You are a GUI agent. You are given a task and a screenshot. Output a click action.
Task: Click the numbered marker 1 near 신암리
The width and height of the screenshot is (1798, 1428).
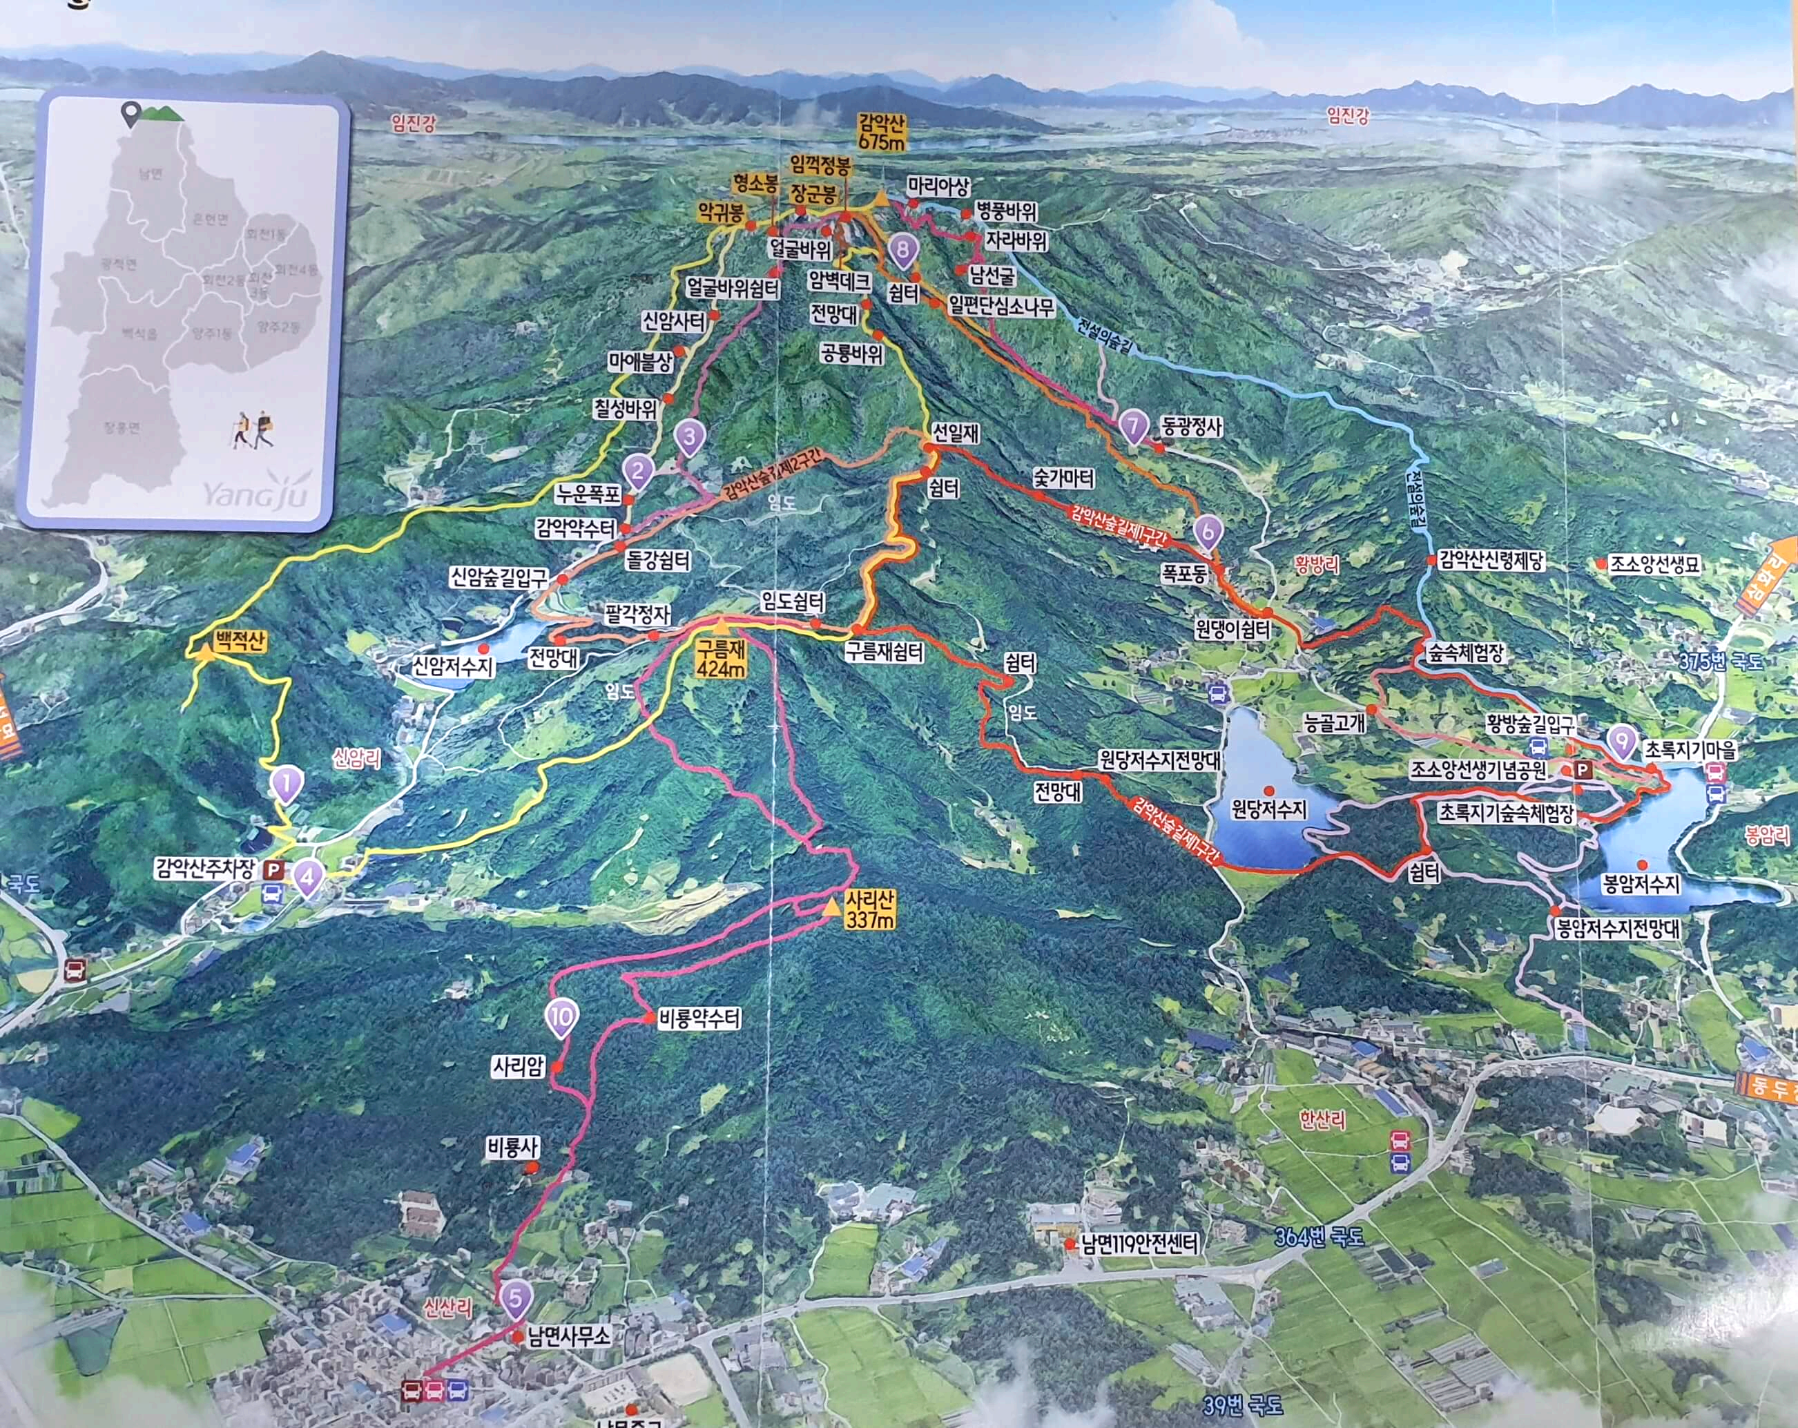click(x=286, y=784)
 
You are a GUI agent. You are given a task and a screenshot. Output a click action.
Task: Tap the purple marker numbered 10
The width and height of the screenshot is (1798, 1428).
click(x=561, y=1018)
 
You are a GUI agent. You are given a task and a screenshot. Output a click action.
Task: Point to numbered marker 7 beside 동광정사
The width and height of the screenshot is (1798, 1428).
click(x=1132, y=427)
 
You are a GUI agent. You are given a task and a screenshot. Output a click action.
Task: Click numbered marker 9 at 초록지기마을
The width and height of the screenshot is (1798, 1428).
click(x=1621, y=741)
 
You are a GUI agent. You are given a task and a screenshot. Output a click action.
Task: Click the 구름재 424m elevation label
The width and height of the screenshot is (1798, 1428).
click(x=722, y=658)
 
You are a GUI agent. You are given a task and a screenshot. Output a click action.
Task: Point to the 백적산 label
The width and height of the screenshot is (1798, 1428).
click(x=240, y=641)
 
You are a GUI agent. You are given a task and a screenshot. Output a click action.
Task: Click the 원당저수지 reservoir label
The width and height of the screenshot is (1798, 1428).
click(x=1268, y=809)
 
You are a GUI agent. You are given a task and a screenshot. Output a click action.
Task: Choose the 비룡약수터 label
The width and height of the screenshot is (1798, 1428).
click(x=699, y=1019)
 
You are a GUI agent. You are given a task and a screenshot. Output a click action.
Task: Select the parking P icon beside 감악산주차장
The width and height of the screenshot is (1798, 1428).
click(x=273, y=871)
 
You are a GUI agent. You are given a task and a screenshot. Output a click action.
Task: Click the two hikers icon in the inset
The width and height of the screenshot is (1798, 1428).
click(x=253, y=430)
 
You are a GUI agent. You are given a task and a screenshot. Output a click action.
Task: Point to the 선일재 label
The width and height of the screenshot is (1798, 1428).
click(x=956, y=433)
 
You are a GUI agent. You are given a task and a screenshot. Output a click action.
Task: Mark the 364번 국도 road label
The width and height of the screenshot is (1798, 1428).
click(x=1319, y=1236)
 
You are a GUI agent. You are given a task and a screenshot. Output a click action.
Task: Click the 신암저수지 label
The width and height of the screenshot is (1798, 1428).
click(x=454, y=666)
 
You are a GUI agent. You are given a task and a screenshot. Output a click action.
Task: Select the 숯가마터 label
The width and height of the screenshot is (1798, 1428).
click(x=1063, y=478)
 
